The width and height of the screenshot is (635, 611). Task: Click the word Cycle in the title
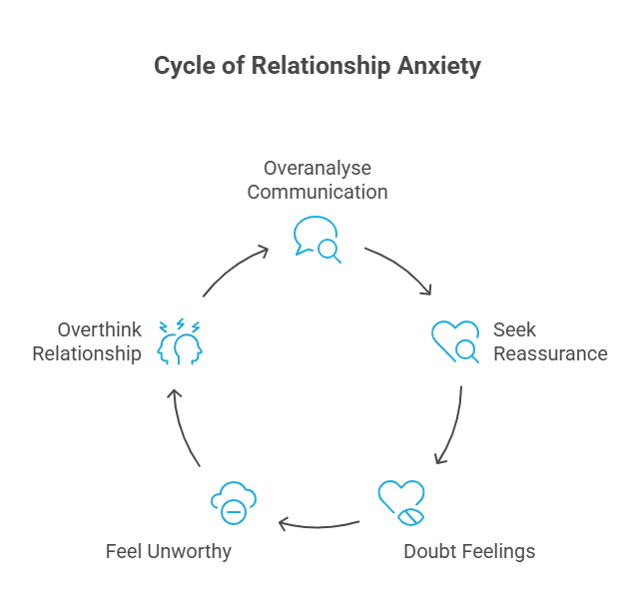[x=184, y=67]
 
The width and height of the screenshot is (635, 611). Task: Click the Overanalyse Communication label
[x=317, y=179]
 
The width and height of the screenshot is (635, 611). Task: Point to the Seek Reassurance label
[x=549, y=340]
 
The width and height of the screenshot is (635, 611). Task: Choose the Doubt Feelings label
[x=469, y=550]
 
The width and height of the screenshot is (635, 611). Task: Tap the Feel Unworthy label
[x=169, y=550]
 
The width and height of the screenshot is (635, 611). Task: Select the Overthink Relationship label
[x=87, y=340]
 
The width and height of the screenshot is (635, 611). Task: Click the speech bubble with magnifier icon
[x=317, y=239]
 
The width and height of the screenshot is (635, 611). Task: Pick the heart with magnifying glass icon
[x=455, y=340]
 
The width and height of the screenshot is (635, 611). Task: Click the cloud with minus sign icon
[x=233, y=502]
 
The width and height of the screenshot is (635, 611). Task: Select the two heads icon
[x=180, y=346]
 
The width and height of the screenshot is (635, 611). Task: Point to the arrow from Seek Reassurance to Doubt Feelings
[x=452, y=424]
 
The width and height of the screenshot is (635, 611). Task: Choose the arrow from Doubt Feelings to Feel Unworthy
[x=319, y=522]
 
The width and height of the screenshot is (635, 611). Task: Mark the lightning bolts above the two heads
[x=182, y=324]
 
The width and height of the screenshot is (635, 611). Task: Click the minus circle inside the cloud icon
[x=234, y=510]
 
